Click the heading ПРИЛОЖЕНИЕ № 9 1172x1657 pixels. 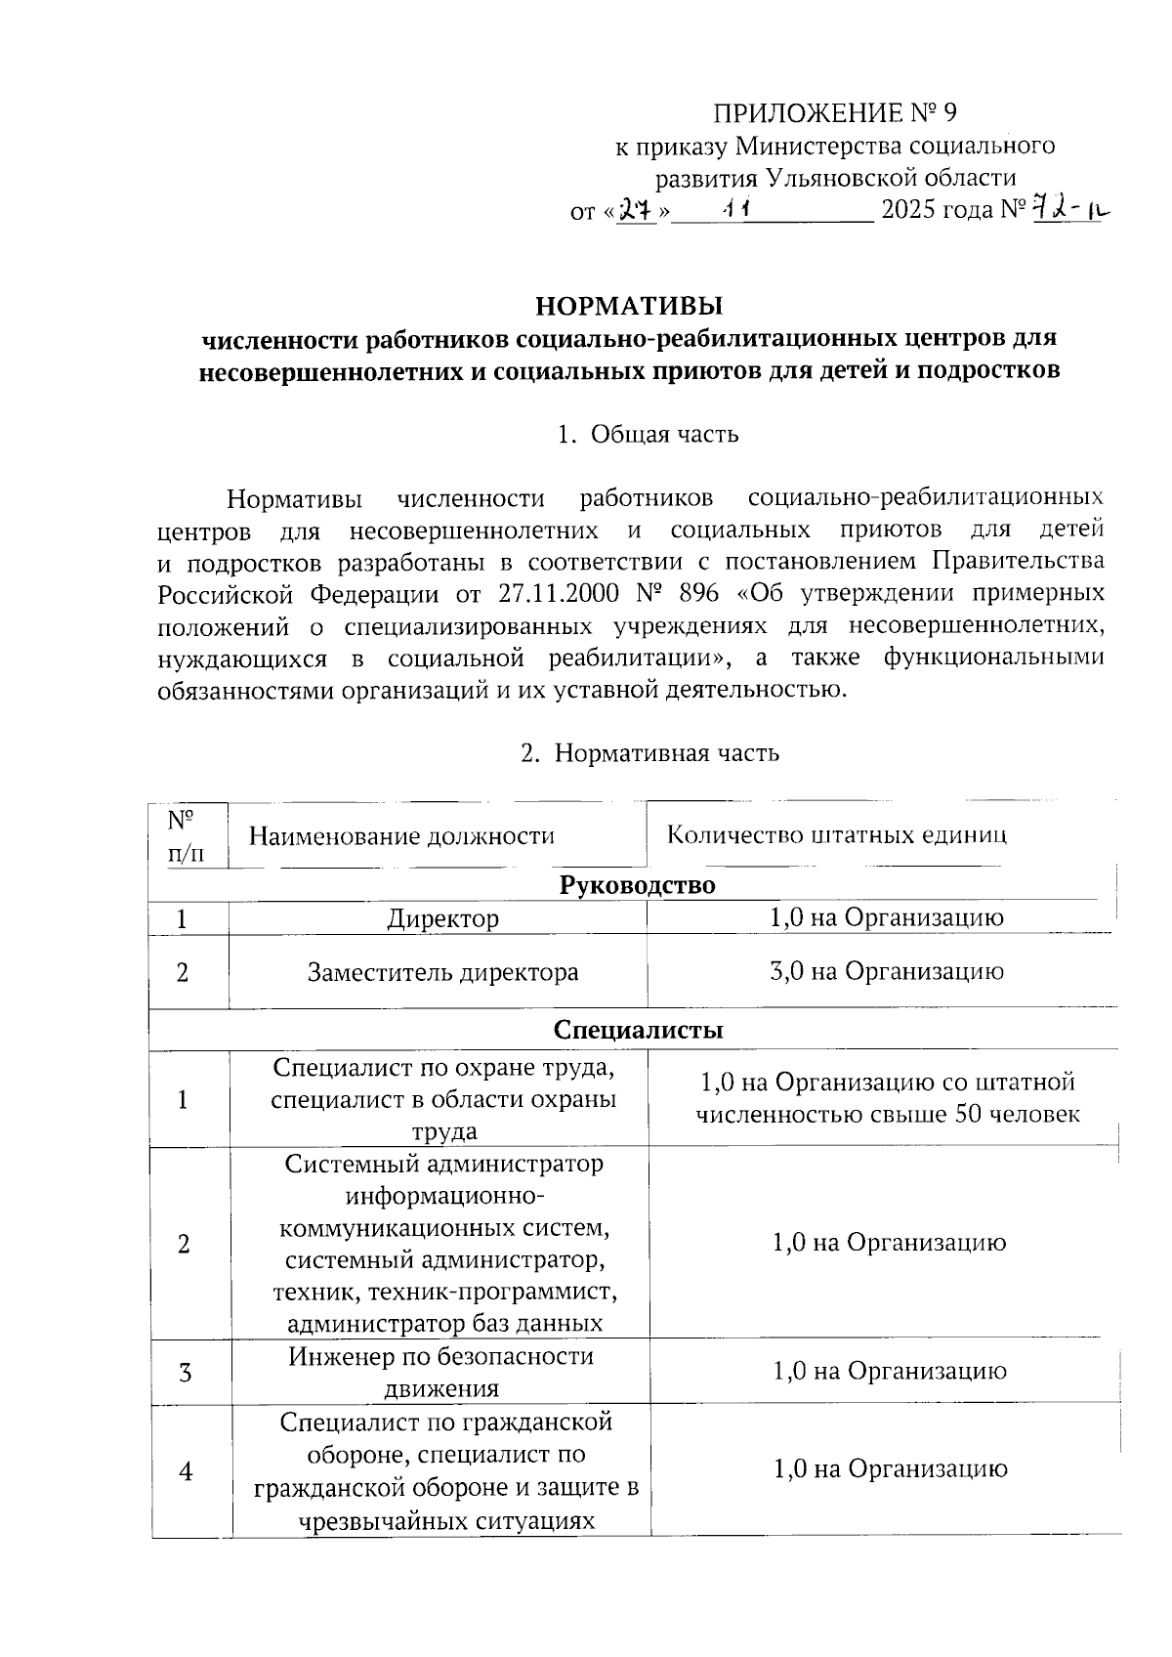point(834,113)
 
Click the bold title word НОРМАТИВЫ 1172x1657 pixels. point(629,306)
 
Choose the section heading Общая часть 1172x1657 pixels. point(664,434)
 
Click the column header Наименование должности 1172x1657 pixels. point(401,836)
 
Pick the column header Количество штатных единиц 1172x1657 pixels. point(836,835)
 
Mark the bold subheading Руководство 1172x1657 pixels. point(637,885)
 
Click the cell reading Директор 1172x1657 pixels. point(442,919)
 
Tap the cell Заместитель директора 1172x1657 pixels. point(442,973)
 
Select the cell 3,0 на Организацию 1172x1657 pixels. point(887,971)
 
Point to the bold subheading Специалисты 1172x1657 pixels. point(638,1030)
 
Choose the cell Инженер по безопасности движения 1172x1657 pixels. point(441,1372)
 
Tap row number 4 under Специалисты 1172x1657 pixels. point(185,1470)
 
